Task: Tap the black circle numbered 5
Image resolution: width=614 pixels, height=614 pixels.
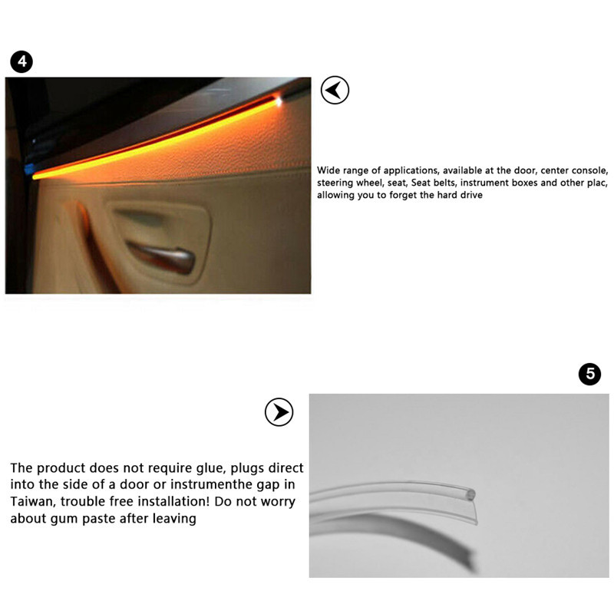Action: click(589, 374)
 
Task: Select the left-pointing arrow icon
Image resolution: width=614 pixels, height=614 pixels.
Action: click(334, 91)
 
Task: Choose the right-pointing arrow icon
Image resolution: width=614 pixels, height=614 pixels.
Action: click(279, 412)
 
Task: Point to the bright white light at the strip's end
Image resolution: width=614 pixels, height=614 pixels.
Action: click(277, 101)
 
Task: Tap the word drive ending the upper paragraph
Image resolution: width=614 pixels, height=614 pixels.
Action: click(469, 196)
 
